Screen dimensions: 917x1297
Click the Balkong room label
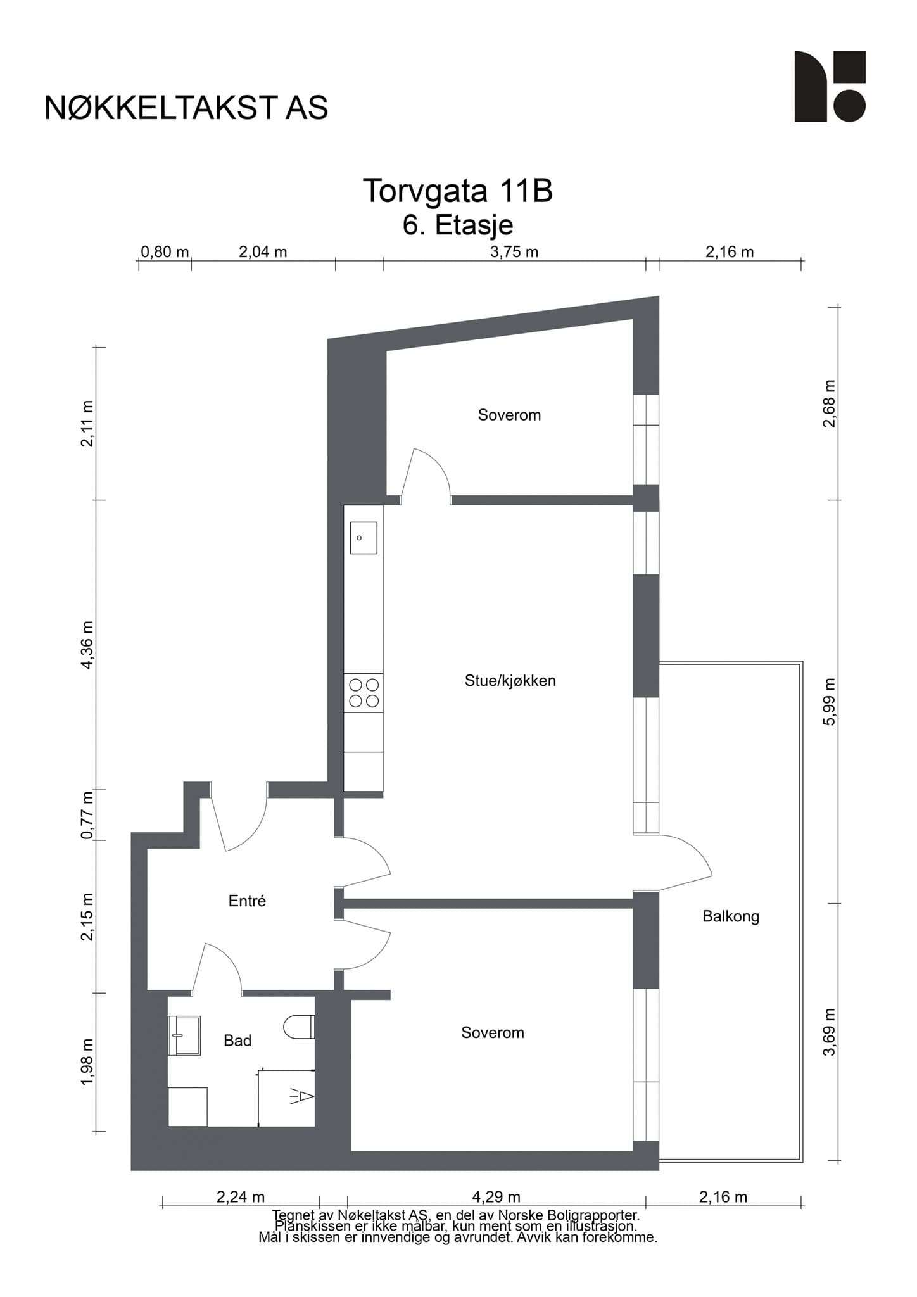click(x=730, y=916)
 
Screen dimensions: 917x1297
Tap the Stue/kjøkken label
click(x=510, y=681)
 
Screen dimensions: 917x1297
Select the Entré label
click(x=247, y=901)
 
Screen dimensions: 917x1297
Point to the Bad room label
click(x=237, y=1041)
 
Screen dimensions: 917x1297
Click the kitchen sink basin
click(x=364, y=538)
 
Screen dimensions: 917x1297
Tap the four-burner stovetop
click(x=364, y=693)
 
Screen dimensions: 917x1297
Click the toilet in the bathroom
click(x=300, y=1027)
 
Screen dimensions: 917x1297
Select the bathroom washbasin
click(x=184, y=1035)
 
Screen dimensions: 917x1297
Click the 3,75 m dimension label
click(x=514, y=252)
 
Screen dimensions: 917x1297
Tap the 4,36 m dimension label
click(x=87, y=644)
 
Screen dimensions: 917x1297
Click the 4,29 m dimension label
click(x=496, y=1197)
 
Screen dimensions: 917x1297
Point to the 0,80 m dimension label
click(x=165, y=252)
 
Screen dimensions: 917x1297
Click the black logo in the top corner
click(x=830, y=86)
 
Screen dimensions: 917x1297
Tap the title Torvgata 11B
click(x=458, y=191)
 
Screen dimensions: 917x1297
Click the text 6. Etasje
click(x=458, y=225)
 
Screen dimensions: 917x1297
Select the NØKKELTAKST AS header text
click(x=186, y=108)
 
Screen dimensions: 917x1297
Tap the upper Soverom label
click(x=509, y=415)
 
